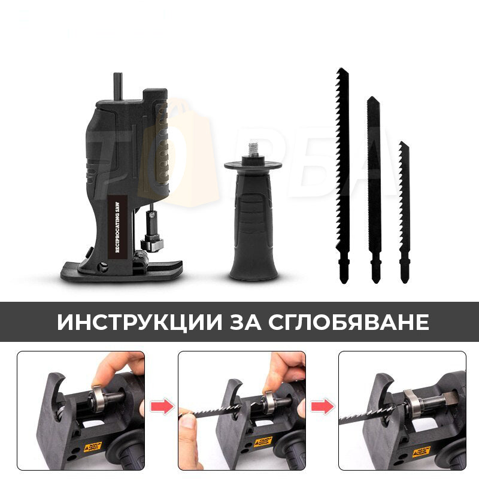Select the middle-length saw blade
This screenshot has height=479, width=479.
[x=374, y=180]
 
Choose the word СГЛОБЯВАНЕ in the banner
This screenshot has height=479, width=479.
[x=350, y=322]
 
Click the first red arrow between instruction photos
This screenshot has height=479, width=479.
[x=162, y=408]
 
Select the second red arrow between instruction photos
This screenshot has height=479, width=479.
[x=322, y=408]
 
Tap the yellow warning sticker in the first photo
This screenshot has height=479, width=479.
[x=93, y=446]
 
